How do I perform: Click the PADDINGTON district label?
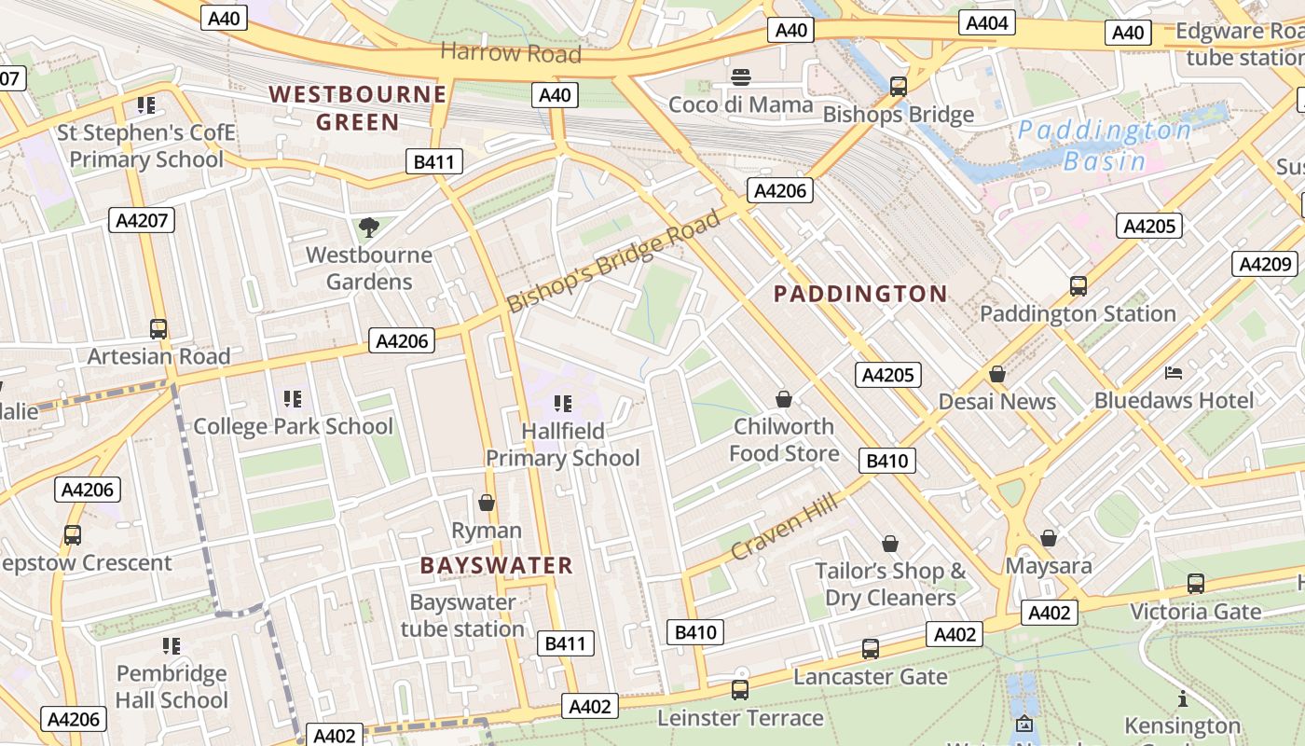[860, 295]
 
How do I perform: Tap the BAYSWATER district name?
[496, 566]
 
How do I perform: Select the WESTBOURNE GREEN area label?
[358, 108]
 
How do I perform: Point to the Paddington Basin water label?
[1105, 145]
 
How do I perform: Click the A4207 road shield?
[141, 220]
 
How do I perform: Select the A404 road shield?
[987, 23]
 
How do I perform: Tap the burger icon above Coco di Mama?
[741, 77]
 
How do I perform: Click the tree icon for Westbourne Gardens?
[369, 227]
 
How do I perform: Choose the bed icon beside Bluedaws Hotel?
[1174, 374]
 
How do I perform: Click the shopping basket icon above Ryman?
[486, 504]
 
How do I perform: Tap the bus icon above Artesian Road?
[158, 329]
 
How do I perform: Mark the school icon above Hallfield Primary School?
[562, 404]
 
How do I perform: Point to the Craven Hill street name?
[784, 528]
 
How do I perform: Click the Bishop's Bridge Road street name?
[614, 261]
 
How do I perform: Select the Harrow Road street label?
[510, 52]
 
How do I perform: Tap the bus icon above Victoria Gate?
[1195, 584]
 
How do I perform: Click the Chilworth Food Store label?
[783, 440]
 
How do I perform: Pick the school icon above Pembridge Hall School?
[172, 646]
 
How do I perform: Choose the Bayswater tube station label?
[462, 615]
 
